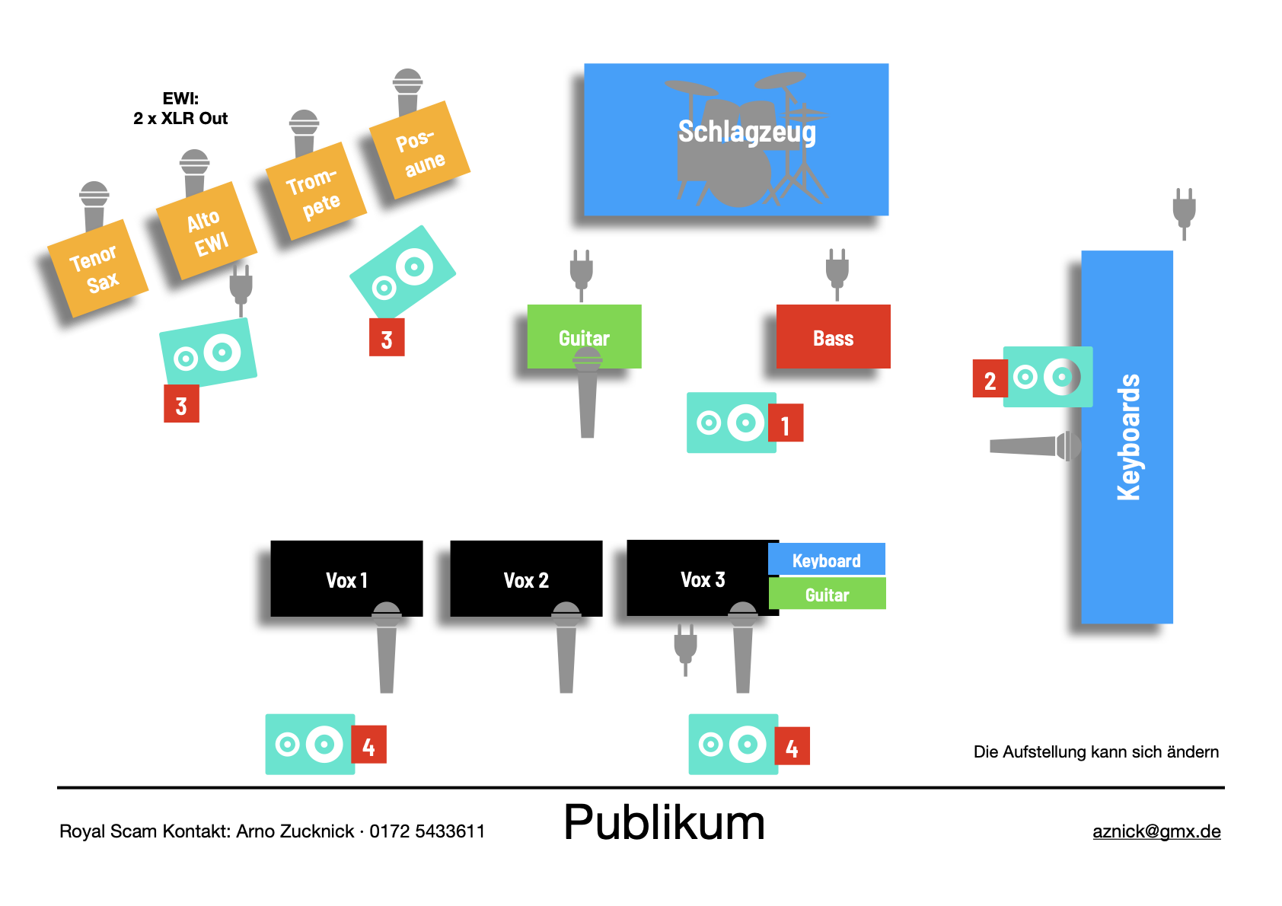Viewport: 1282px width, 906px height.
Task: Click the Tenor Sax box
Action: [x=97, y=269]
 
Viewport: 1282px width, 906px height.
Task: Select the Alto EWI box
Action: [x=206, y=231]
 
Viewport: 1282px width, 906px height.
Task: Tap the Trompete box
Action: [x=315, y=192]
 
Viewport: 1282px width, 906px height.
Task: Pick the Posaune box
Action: [x=419, y=151]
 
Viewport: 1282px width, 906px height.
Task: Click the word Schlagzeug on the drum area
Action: [x=746, y=132]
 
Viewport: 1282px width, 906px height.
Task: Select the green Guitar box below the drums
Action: [x=584, y=337]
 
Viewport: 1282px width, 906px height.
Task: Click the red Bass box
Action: [x=833, y=337]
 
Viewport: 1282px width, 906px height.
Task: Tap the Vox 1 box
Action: [x=346, y=579]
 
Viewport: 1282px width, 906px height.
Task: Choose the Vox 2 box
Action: [x=526, y=579]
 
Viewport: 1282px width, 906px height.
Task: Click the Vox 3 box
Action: [x=701, y=579]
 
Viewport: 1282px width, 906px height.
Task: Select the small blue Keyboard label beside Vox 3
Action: [x=826, y=560]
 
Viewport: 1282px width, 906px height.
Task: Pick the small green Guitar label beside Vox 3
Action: [x=827, y=595]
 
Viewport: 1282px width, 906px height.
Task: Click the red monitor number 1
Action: [x=786, y=424]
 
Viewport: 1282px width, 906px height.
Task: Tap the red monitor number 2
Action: [x=989, y=380]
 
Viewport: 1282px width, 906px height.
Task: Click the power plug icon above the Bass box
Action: [x=837, y=273]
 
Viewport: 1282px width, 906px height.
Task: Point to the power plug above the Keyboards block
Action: [x=1184, y=212]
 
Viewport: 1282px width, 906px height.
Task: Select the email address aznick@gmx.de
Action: [x=1156, y=831]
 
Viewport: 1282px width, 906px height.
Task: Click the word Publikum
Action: [x=664, y=823]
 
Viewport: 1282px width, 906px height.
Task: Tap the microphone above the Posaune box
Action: [x=407, y=91]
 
